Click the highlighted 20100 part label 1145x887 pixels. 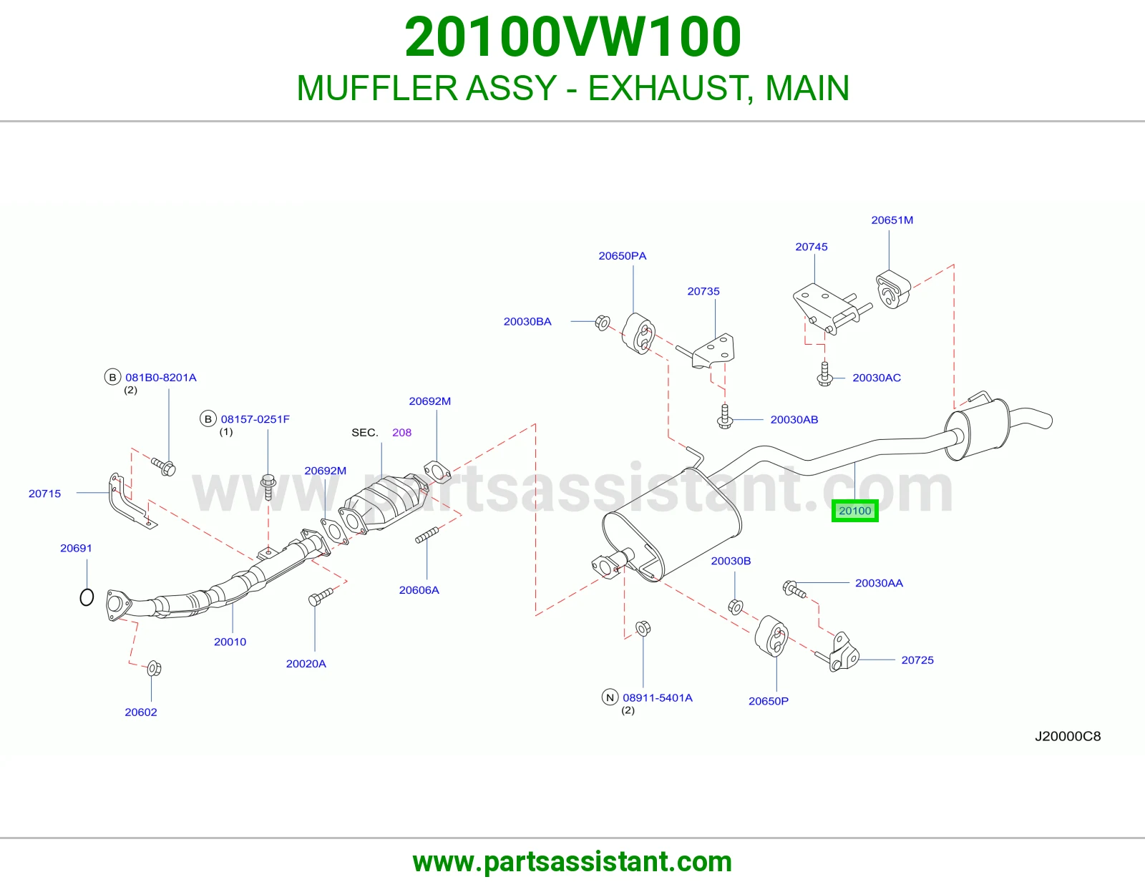click(854, 511)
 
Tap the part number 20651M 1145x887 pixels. click(892, 220)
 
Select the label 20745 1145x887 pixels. click(812, 247)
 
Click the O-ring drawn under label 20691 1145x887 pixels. click(87, 597)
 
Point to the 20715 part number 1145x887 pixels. click(45, 494)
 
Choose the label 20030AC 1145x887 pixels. click(877, 378)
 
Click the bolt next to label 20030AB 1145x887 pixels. click(725, 416)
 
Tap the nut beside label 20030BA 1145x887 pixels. click(603, 323)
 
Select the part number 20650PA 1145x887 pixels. click(623, 256)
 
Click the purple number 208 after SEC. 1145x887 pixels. click(401, 433)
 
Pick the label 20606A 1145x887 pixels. click(419, 590)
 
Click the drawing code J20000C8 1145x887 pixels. click(1068, 736)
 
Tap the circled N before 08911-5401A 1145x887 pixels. click(610, 697)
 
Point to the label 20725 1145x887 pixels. click(917, 660)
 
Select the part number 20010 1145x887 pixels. click(230, 642)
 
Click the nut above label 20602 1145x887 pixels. click(154, 668)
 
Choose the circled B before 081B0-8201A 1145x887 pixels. click(112, 377)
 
